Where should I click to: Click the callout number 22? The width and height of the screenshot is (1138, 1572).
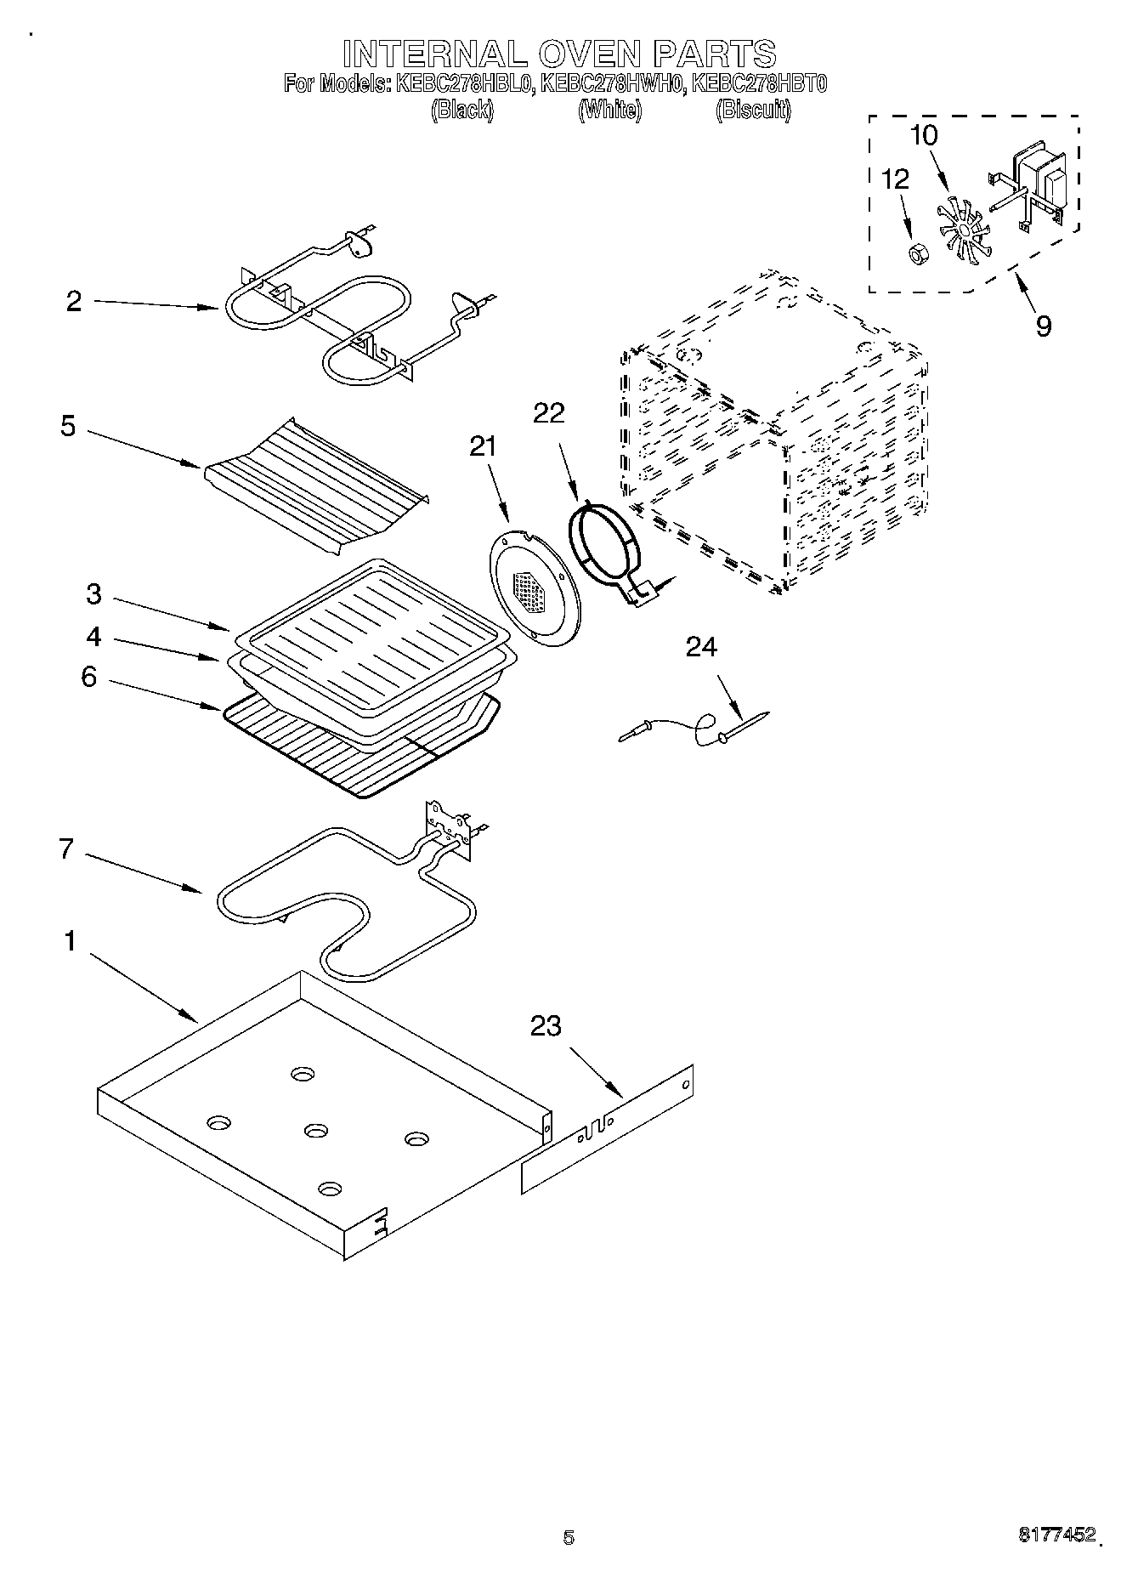point(548,413)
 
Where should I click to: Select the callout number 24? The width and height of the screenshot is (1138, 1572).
point(701,648)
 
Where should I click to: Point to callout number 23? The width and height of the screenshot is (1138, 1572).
point(546,1026)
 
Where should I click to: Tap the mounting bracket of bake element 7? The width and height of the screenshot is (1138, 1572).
point(451,829)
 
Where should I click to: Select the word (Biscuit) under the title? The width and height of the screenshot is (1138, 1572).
point(753,110)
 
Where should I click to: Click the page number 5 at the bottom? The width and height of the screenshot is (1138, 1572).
point(568,1536)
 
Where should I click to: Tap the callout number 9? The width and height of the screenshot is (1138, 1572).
point(1043,326)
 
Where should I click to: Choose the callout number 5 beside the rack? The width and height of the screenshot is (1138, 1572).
point(68,426)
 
